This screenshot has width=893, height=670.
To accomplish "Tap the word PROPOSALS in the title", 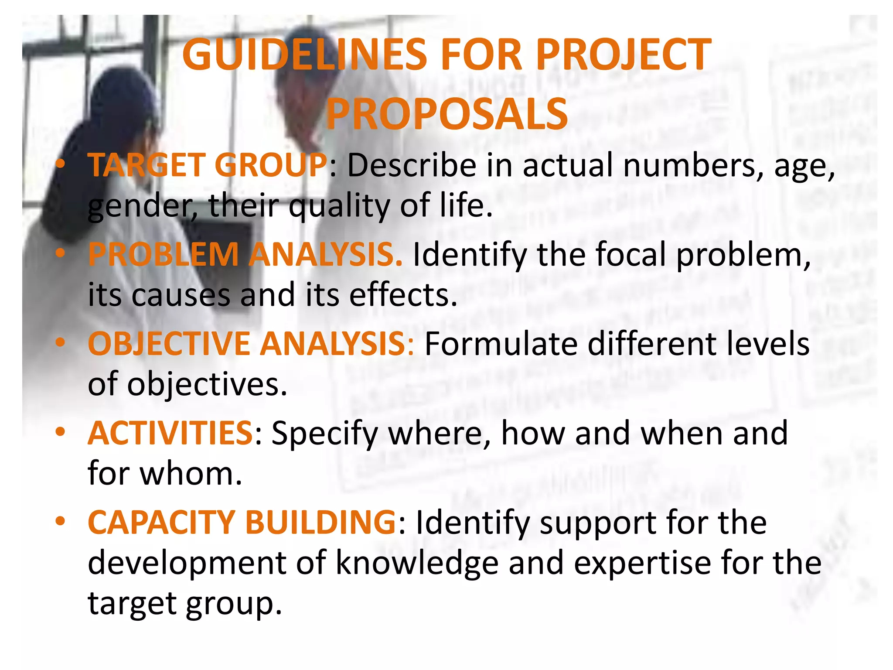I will [x=447, y=115].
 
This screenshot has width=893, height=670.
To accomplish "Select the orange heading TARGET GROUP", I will [x=208, y=166].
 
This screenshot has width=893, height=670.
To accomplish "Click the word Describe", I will [x=412, y=166].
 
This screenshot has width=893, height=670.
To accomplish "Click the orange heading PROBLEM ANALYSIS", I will [x=245, y=255].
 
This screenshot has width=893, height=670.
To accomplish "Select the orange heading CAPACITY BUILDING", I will [x=242, y=523].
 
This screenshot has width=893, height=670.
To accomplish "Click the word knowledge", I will [x=417, y=563].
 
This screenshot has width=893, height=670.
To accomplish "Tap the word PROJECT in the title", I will [x=624, y=55].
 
